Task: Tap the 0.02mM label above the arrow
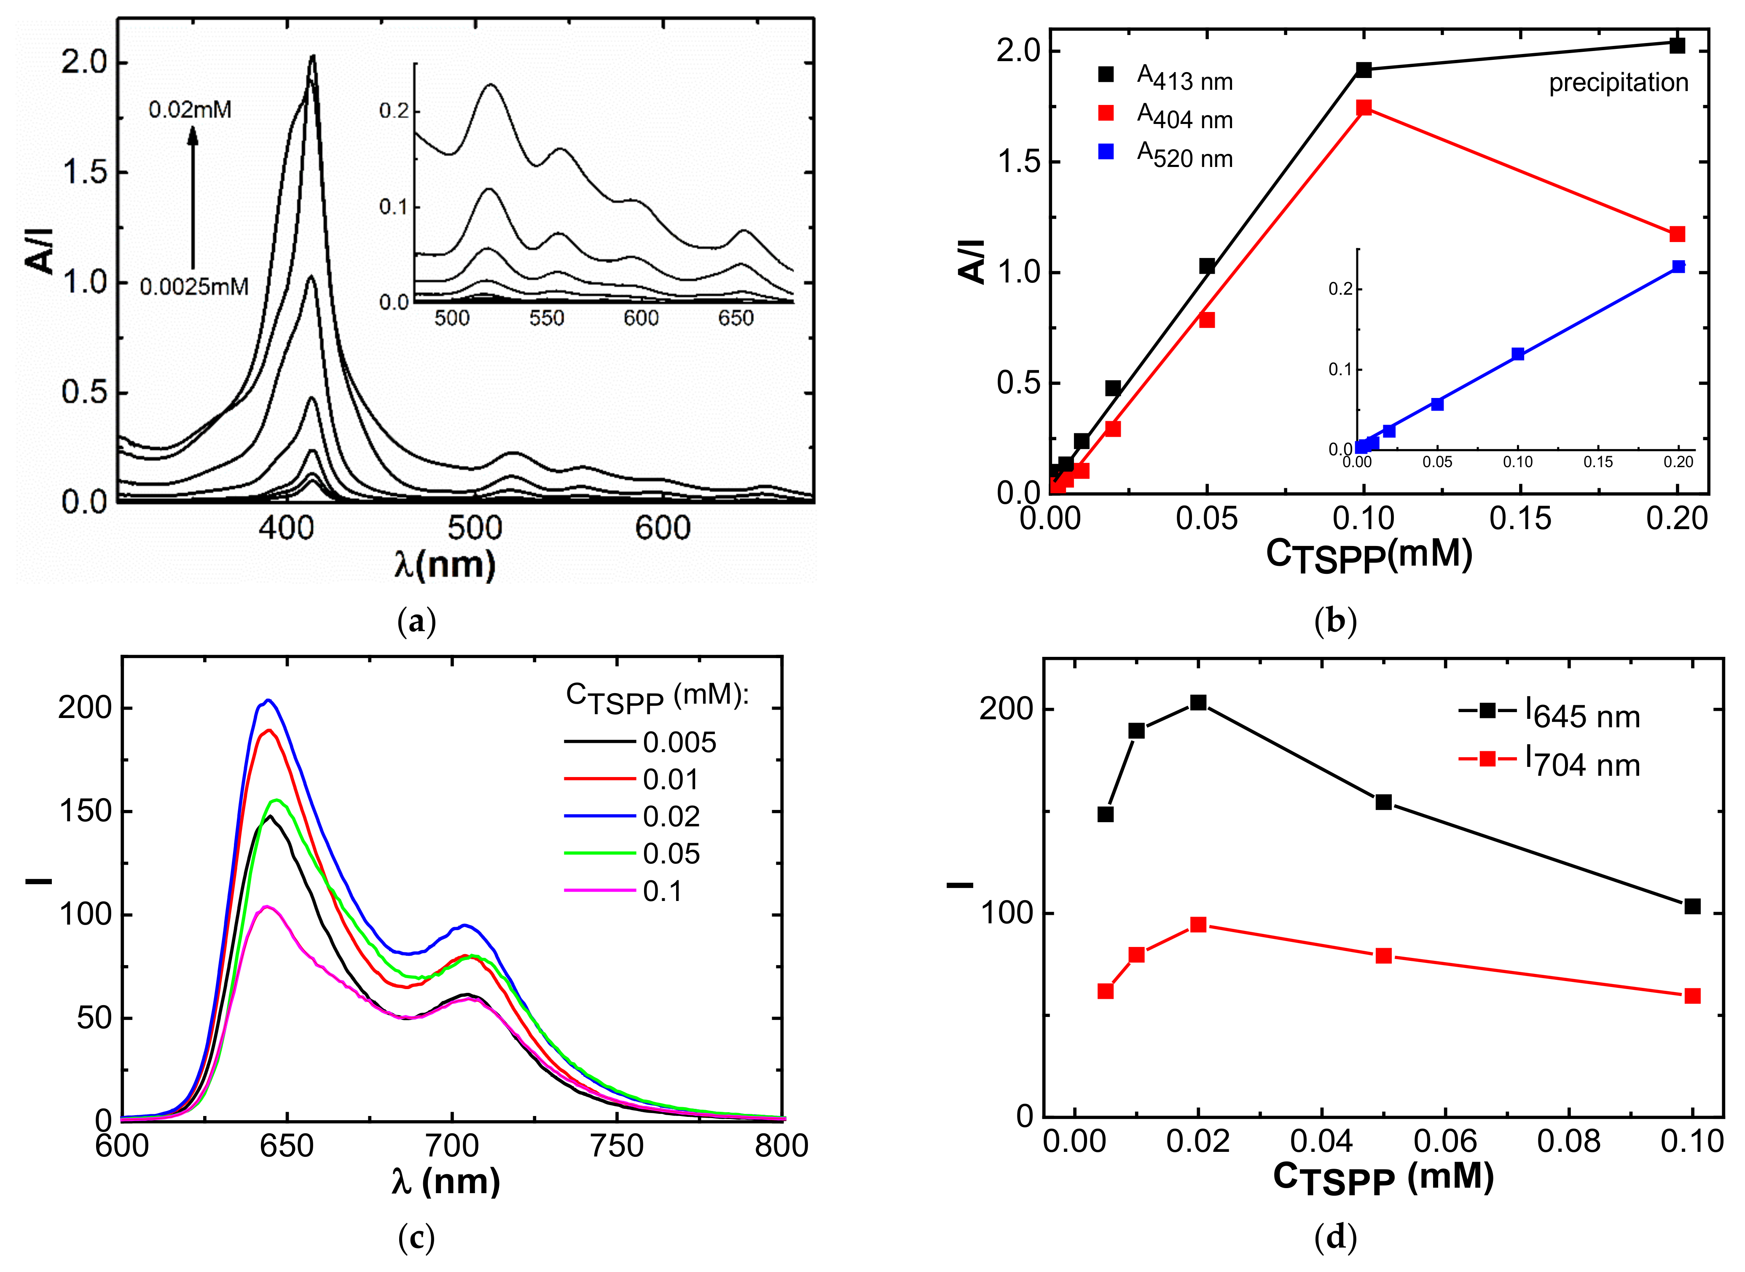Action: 190,110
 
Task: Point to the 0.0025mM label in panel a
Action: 194,287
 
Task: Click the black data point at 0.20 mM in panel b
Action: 1677,46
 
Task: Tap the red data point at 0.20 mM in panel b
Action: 1677,234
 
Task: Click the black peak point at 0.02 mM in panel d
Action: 1198,702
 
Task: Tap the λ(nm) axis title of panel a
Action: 445,565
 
